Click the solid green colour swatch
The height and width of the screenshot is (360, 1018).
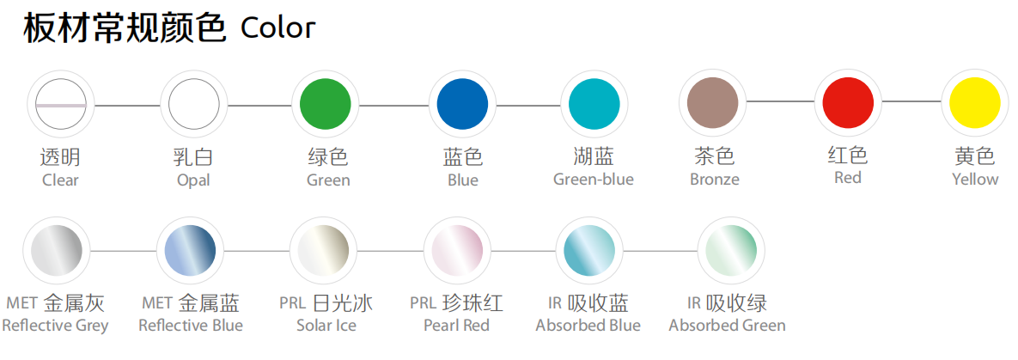326,105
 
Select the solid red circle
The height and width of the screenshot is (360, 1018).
848,102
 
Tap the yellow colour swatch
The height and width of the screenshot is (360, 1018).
975,102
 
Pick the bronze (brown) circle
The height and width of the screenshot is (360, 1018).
713,102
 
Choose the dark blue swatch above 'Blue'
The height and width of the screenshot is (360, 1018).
462,105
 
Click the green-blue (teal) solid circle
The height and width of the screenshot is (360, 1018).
594,105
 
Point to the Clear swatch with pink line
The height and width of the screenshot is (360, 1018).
61,105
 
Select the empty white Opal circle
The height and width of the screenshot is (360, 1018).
194,105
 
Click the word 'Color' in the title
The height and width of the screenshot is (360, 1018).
277,28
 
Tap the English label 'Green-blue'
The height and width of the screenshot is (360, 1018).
594,180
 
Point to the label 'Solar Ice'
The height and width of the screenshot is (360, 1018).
326,325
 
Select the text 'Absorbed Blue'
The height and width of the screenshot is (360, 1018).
588,325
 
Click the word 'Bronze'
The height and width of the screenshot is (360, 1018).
714,180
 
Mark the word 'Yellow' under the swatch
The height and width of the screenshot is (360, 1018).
975,180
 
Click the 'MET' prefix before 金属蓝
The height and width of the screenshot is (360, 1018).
156,302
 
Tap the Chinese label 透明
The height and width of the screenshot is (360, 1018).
60,156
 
